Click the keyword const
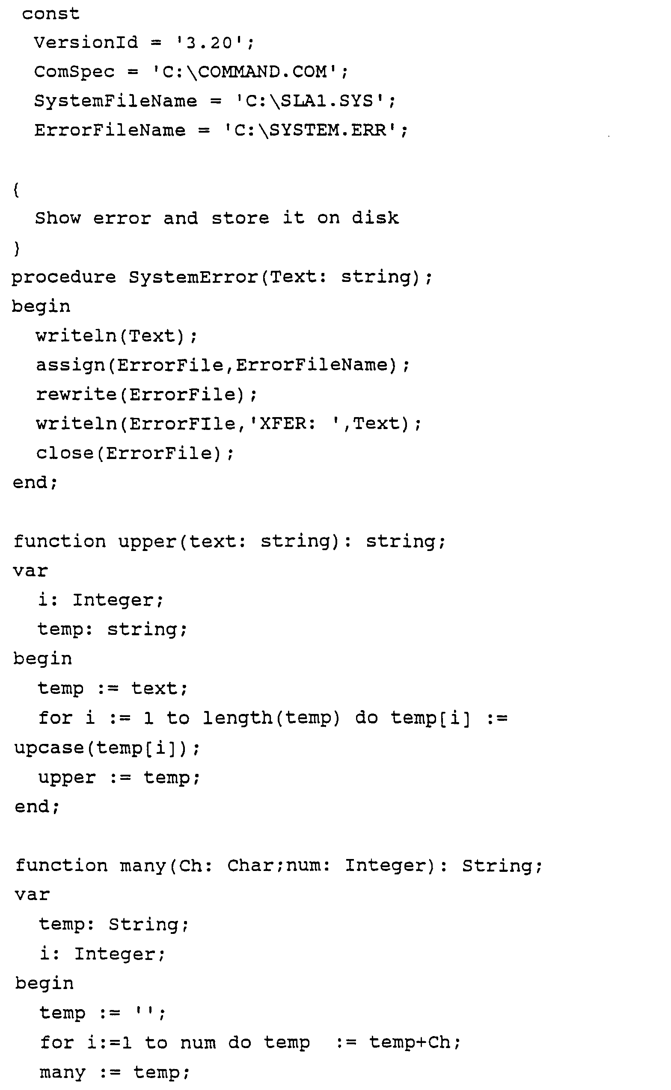click(50, 14)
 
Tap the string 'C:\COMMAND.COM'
click(245, 72)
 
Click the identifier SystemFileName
click(116, 101)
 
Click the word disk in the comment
click(375, 218)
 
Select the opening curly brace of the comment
click(16, 190)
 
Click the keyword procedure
click(63, 277)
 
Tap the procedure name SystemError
click(193, 277)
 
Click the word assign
click(71, 365)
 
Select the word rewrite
click(76, 394)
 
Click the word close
click(65, 453)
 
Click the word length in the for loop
click(238, 718)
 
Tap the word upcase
click(49, 748)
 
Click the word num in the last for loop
click(198, 1042)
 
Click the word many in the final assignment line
click(62, 1072)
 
